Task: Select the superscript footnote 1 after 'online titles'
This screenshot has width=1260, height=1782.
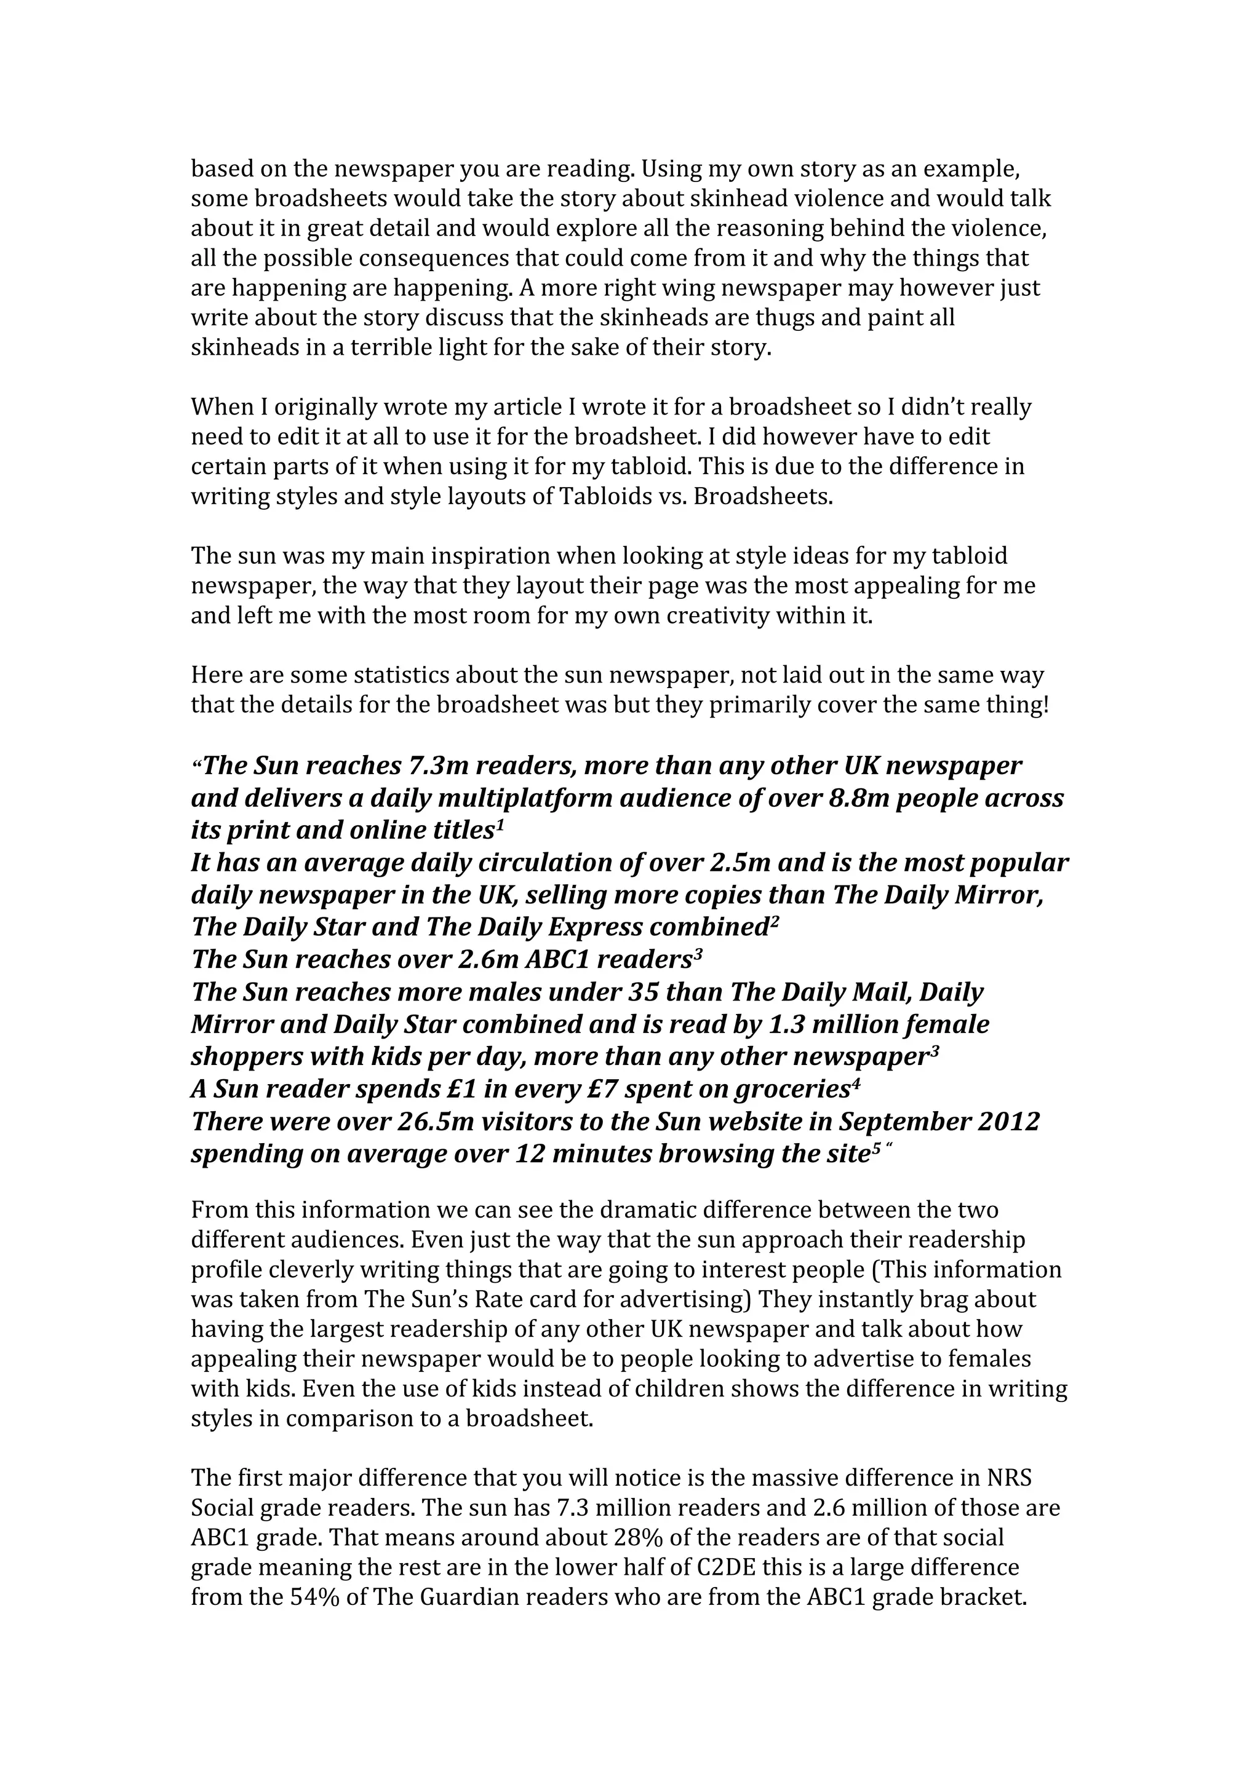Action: point(501,826)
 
